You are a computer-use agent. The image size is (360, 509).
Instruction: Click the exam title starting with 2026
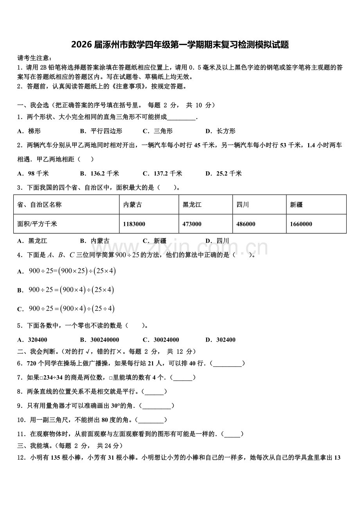click(180, 45)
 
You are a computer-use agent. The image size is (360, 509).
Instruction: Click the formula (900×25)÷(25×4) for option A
click(72, 271)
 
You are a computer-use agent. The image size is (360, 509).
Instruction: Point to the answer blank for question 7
click(182, 378)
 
